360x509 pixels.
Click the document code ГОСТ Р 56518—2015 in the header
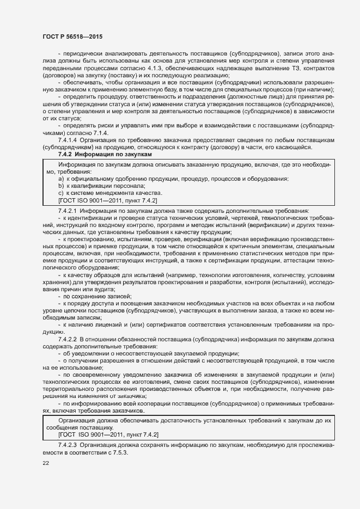tap(72, 36)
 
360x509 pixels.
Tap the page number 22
tap(46, 463)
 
